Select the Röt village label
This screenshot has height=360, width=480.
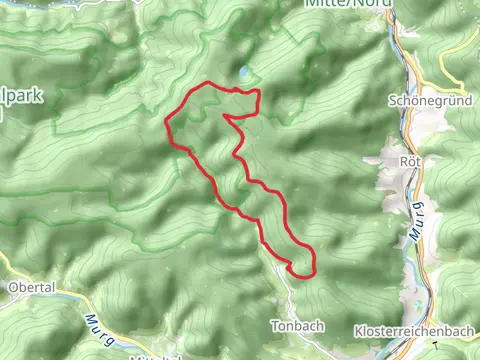pos(407,160)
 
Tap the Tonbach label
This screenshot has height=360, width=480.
pos(293,326)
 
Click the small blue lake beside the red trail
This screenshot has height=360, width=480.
pos(243,72)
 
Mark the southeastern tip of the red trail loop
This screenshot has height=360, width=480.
pos(313,267)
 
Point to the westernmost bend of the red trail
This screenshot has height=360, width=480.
pos(166,124)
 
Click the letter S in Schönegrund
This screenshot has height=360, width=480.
pos(390,101)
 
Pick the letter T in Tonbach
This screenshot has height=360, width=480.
pos(274,326)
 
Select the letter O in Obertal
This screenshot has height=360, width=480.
pos(11,288)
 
